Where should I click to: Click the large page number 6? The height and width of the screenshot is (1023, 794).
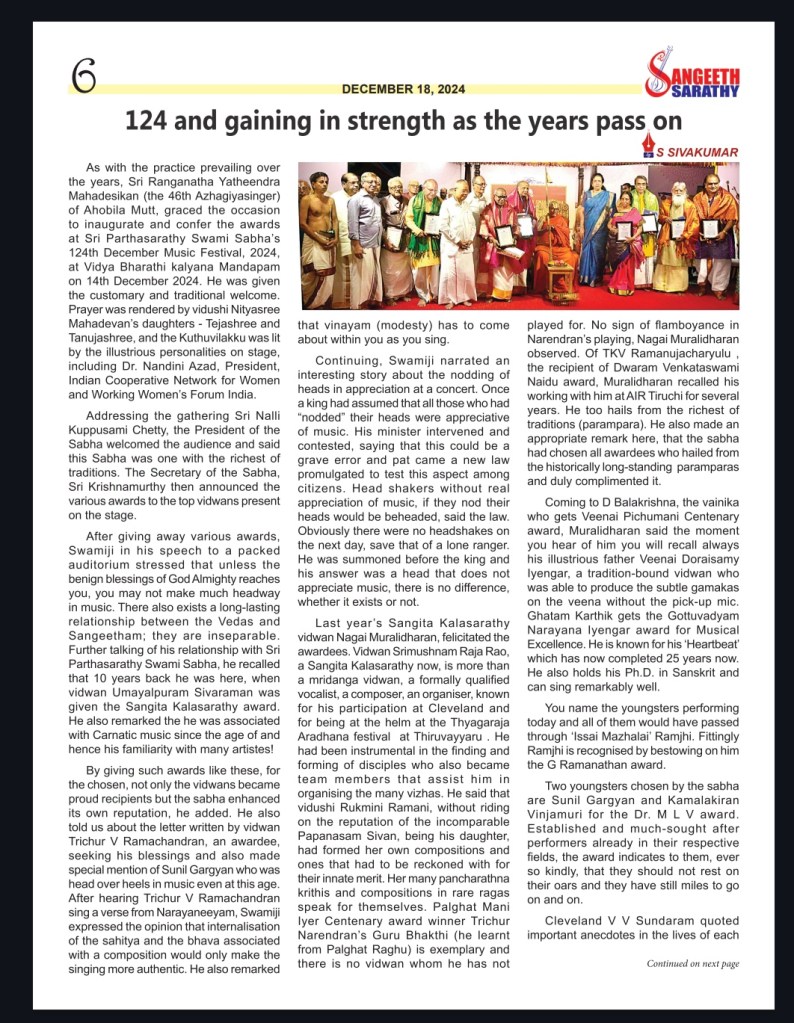tap(84, 75)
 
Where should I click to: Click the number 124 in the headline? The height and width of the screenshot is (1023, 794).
tap(152, 121)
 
